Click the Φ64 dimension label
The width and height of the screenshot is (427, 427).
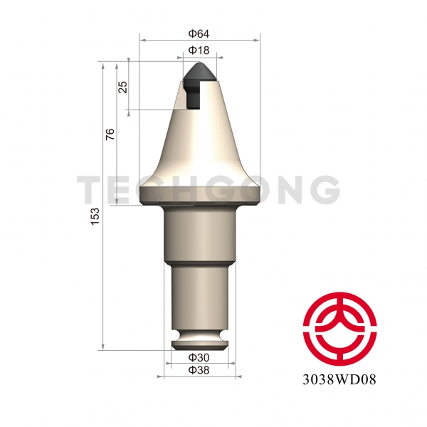tap(198, 33)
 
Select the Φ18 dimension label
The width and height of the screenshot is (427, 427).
tap(199, 51)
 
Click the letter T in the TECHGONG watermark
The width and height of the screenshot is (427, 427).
tap(90, 189)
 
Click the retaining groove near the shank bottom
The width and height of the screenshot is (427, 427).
tap(201, 334)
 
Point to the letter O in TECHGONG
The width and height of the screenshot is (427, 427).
tap(251, 189)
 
